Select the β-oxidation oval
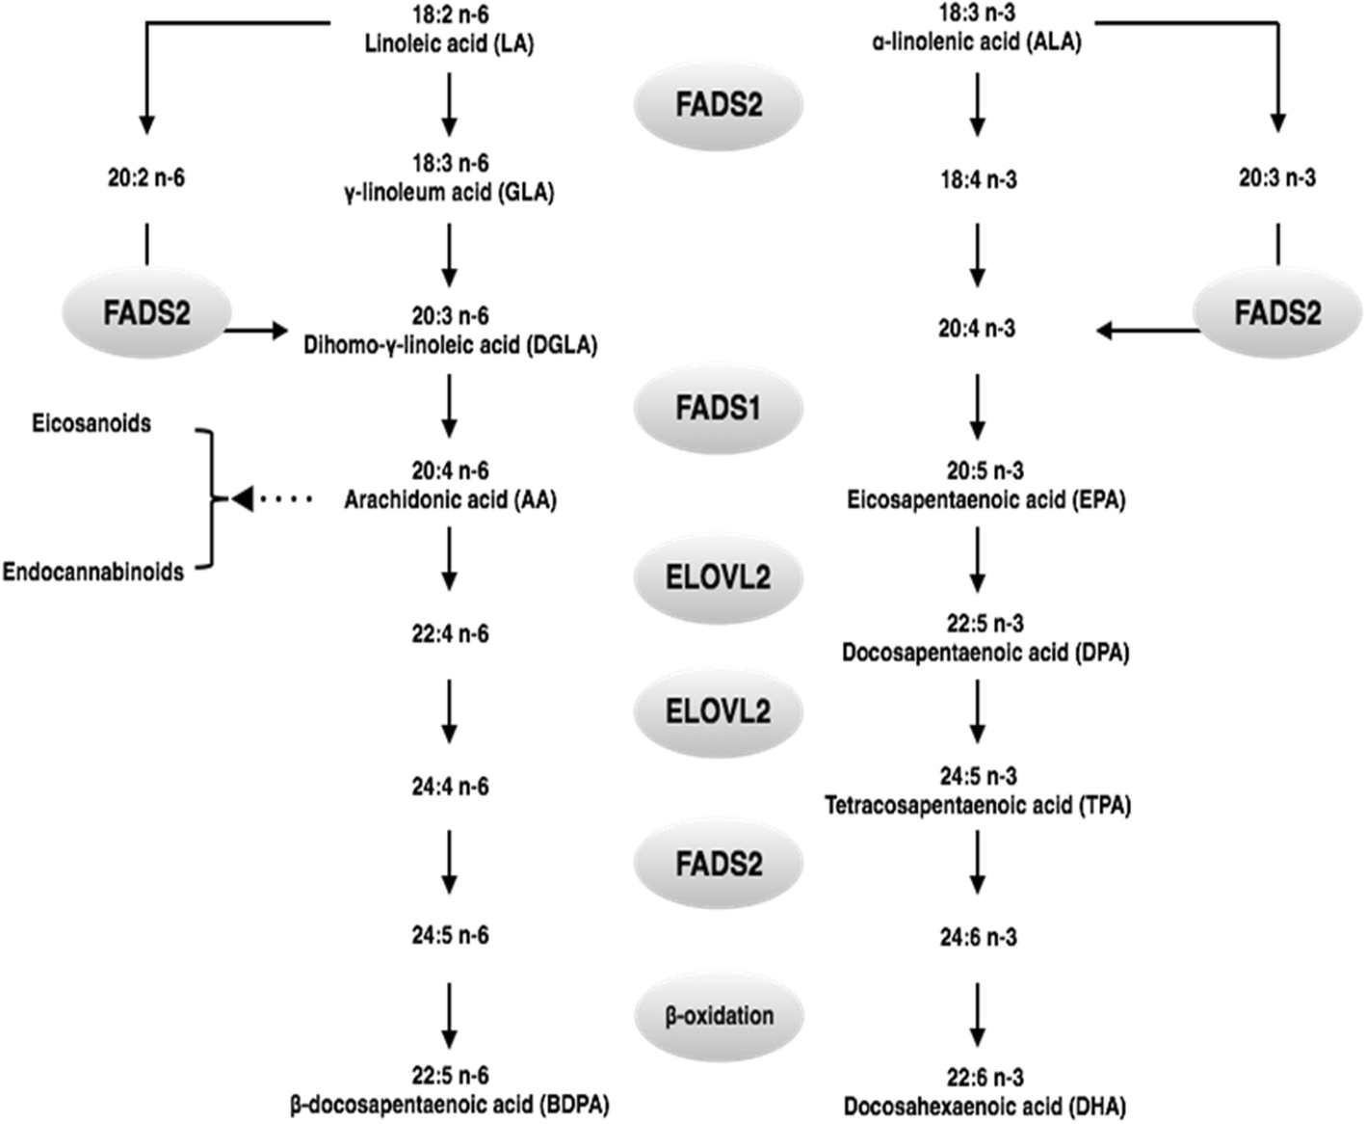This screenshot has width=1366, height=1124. [x=719, y=1016]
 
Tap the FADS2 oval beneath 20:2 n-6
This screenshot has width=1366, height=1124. [x=146, y=313]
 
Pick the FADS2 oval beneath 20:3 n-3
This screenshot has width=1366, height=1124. [x=1277, y=313]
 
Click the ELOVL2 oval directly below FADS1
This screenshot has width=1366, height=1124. [x=718, y=577]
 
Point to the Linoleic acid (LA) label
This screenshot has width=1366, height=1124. [x=449, y=43]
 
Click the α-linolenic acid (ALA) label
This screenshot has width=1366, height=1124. [x=977, y=42]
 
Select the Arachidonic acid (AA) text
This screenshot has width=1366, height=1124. [x=450, y=499]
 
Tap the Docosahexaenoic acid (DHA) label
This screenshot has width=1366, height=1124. [x=985, y=1106]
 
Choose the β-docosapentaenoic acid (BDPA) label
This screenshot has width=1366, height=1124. [x=450, y=1105]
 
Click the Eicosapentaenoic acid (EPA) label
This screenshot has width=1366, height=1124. [x=985, y=499]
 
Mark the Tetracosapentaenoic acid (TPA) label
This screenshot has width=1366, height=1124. [x=978, y=805]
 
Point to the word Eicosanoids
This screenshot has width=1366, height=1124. [x=92, y=423]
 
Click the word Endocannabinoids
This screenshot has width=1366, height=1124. [x=92, y=572]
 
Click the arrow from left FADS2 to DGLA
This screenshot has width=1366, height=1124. [x=256, y=331]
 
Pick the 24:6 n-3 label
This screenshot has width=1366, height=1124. [x=978, y=937]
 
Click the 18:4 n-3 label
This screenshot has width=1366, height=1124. [x=978, y=179]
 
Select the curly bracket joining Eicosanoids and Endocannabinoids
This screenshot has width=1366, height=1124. [x=208, y=498]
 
